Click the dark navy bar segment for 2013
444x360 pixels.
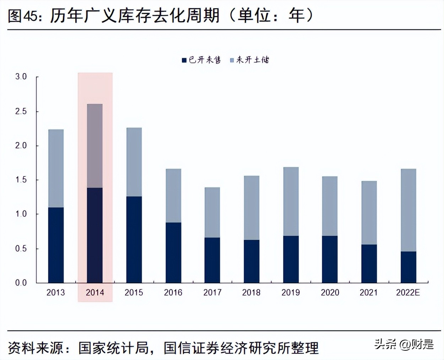coord(56,245)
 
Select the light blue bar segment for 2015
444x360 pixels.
coord(134,162)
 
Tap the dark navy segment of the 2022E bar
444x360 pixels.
coord(408,267)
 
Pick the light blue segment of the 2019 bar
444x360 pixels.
coord(291,201)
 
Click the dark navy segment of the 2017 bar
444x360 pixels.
coord(212,260)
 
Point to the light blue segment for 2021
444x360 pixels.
coord(369,213)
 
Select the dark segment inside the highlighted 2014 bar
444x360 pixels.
coord(95,235)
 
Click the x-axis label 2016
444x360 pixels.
coord(173,293)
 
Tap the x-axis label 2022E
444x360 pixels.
coord(408,293)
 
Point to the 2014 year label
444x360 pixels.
coord(95,293)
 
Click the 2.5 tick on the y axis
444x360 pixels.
coord(21,111)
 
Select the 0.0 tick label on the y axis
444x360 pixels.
coord(21,283)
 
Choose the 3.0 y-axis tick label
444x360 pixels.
coord(21,77)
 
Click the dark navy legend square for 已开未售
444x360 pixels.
coord(184,60)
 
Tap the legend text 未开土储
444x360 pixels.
coord(252,60)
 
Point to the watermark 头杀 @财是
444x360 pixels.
coord(404,344)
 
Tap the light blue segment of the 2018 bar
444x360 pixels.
coord(251,208)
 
